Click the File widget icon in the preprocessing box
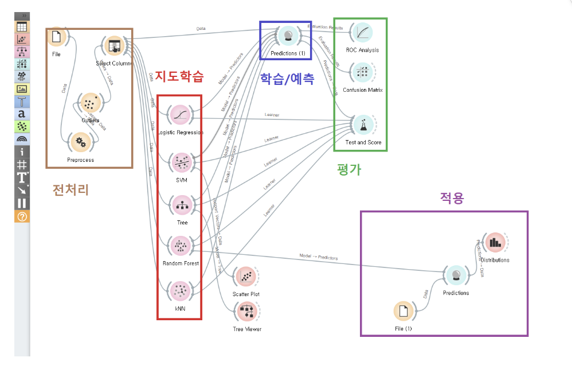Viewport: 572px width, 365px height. [56, 37]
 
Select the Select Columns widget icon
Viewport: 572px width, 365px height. [113, 46]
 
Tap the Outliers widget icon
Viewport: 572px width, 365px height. [89, 104]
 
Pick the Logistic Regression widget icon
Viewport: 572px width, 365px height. [180, 115]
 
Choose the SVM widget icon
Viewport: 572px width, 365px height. [180, 162]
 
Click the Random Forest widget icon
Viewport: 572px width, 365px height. [180, 247]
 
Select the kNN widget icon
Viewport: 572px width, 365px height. [180, 290]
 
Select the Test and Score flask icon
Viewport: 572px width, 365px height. [362, 125]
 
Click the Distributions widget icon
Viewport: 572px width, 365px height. [494, 243]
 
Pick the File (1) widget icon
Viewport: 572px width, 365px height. [403, 312]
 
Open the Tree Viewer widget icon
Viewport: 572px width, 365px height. [247, 312]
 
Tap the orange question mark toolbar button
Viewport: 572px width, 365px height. [22, 216]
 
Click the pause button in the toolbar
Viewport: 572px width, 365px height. [22, 203]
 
